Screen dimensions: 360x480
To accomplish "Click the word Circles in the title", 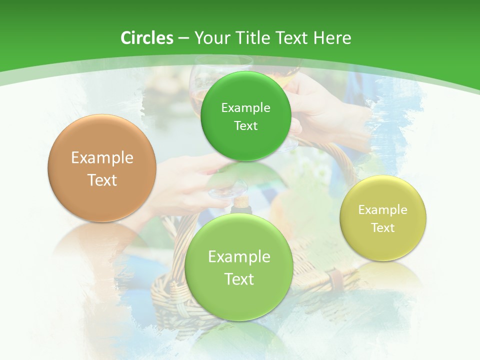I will coord(146,38).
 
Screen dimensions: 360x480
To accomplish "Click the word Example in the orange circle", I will coord(102,158).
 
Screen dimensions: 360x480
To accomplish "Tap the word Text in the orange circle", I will coord(102,180).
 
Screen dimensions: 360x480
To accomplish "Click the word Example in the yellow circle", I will coord(382,210).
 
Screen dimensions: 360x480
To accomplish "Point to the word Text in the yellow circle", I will coord(383,228).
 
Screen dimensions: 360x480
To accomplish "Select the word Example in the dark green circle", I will coord(245,108).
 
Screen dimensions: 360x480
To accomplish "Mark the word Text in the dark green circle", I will coord(245,126).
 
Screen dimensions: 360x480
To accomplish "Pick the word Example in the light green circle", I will coord(239,257).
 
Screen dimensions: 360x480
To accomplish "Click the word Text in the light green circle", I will coord(239,279).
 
